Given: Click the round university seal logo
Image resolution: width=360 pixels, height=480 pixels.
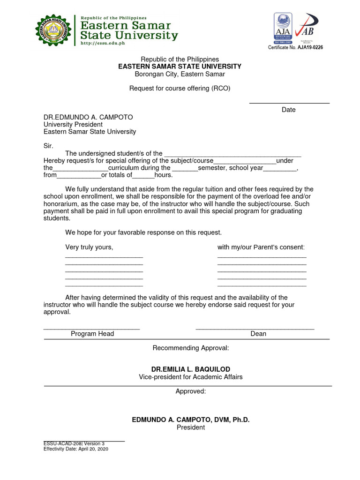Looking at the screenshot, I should [x=53, y=30].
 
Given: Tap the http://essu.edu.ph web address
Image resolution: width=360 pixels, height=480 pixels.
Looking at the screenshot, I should [x=104, y=43].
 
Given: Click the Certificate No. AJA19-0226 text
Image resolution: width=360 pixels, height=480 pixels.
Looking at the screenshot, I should [x=295, y=47].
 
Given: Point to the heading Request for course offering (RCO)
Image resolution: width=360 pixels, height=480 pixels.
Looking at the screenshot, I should [x=180, y=88].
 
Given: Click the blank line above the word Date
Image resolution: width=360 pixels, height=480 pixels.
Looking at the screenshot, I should [x=289, y=102].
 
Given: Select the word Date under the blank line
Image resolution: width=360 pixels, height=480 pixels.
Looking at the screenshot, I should [x=289, y=110].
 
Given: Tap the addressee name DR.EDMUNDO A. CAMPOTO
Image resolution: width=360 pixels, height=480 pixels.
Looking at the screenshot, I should [x=88, y=117].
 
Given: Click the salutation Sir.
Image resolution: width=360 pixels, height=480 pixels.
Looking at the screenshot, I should [x=49, y=146].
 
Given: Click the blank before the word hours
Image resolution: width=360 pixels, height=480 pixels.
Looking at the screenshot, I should [x=143, y=175].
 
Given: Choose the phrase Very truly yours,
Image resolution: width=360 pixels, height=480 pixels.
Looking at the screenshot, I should [x=89, y=247].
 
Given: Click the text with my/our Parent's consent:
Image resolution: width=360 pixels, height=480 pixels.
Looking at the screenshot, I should [x=261, y=247].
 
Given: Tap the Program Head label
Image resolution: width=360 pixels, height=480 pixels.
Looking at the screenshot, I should [x=92, y=334].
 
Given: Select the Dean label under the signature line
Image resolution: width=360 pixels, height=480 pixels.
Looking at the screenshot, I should [x=258, y=334].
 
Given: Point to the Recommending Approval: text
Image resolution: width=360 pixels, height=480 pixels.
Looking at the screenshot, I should [x=191, y=348].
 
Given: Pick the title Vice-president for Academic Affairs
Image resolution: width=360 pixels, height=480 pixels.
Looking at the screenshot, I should [x=190, y=377].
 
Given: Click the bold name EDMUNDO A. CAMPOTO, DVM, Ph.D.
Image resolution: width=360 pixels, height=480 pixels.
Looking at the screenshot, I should [x=190, y=420].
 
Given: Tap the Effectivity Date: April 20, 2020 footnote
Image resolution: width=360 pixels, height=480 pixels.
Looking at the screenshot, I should [x=76, y=449].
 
